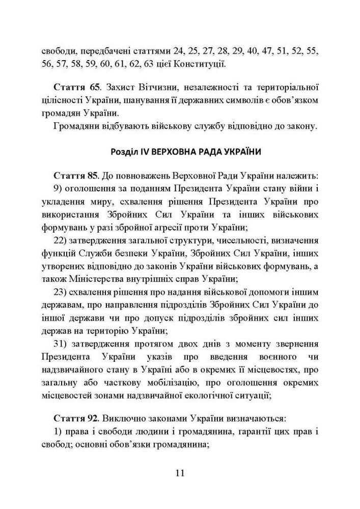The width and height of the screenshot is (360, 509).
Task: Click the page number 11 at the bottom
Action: (180, 473)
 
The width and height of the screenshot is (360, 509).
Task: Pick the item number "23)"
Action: (61, 292)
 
